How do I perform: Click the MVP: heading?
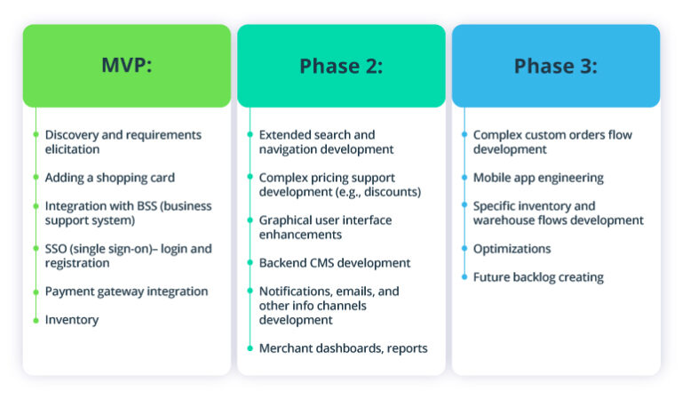pos(126,66)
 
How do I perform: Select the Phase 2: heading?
pos(341,66)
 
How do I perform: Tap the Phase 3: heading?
pos(555,66)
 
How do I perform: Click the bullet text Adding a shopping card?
pos(109,178)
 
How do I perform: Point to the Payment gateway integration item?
pos(126,291)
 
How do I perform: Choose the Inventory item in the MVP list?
pos(71,320)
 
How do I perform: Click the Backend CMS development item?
pos(334,263)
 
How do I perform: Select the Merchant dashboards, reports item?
pos(343,348)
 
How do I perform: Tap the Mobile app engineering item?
pos(537,178)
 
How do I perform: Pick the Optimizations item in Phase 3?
pos(511,249)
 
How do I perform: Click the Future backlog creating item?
pos(537,277)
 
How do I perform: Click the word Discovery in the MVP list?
pos(71,135)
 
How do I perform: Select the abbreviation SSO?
pos(58,249)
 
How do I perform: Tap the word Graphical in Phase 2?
pos(286,220)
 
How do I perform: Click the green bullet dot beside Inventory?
pos(36,320)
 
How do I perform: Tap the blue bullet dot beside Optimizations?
pos(464,249)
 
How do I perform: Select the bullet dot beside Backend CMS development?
pos(250,263)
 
